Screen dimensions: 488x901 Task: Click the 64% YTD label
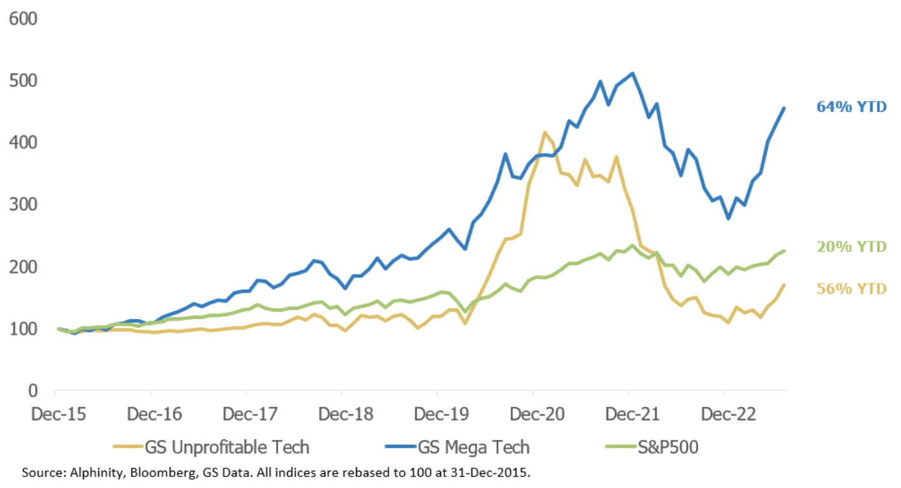pyautogui.click(x=851, y=107)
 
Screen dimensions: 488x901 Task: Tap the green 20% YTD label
pyautogui.click(x=851, y=247)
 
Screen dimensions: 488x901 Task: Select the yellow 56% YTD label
pyautogui.click(x=851, y=289)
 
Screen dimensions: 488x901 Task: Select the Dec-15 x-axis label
pyautogui.click(x=55, y=415)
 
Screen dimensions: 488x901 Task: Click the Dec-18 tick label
pyautogui.click(x=341, y=415)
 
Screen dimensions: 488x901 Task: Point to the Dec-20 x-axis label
pyautogui.click(x=533, y=415)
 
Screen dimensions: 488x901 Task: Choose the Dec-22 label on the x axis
pyautogui.click(x=724, y=415)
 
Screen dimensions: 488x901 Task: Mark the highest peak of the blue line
pyautogui.click(x=632, y=73)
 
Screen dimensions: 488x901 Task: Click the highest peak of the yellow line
pyautogui.click(x=544, y=133)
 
